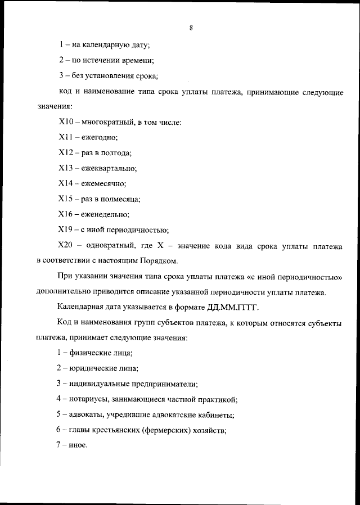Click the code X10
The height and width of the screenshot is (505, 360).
click(66, 121)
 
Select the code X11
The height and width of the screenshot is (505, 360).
click(65, 137)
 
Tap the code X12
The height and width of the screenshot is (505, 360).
click(66, 152)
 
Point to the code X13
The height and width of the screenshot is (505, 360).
click(66, 168)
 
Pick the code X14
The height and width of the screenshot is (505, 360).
click(66, 183)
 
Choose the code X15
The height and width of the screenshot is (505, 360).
click(66, 199)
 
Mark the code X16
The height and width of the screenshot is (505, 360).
click(66, 214)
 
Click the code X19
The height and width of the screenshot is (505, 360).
click(66, 229)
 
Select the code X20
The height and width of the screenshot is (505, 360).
click(66, 245)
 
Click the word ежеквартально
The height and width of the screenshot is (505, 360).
click(109, 168)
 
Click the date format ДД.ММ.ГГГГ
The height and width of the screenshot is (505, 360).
click(229, 307)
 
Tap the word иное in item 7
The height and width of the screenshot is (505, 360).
click(78, 447)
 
